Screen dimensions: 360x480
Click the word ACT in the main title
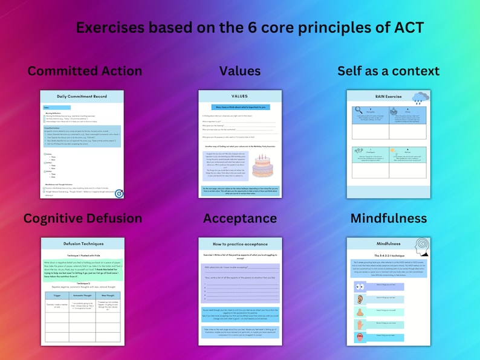tap(404, 27)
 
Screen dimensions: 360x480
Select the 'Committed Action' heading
tap(85, 71)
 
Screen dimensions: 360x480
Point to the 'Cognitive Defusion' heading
tap(83, 218)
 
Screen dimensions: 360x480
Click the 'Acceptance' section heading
tap(239, 218)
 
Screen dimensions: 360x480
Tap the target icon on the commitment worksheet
tap(118, 193)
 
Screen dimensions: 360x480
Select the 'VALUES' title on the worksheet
tap(239, 96)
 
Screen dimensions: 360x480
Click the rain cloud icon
tap(420, 98)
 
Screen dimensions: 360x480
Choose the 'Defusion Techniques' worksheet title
tap(82, 243)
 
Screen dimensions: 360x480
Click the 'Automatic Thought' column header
tap(82, 295)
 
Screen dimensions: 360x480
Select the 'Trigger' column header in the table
tap(56, 295)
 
